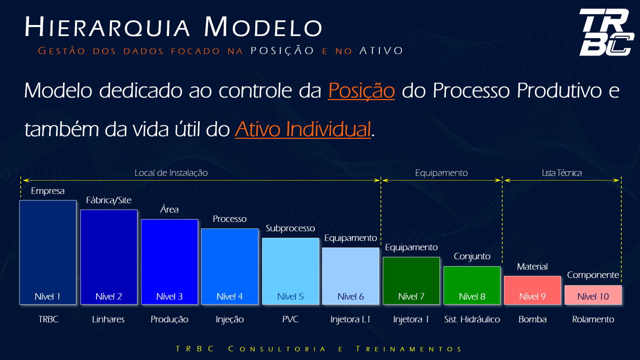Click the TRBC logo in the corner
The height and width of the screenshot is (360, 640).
606,32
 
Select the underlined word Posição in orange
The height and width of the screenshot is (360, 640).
361,90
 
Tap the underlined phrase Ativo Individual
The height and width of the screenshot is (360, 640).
303,129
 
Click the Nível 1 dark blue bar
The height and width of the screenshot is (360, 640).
48,252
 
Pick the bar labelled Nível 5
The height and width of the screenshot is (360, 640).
290,271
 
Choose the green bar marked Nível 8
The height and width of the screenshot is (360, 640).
472,285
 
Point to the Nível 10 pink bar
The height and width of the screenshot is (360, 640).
593,295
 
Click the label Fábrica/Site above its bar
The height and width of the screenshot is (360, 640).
108,200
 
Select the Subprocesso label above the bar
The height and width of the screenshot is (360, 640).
290,228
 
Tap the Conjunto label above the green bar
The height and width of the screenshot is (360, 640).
472,256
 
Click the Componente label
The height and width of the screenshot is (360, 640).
593,275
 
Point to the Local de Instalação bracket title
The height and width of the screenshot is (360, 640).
171,173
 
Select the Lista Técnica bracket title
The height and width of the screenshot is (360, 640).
561,173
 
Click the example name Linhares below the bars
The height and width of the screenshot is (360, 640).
108,319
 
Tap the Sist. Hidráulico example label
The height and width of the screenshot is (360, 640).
472,319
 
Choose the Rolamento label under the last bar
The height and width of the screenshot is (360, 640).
593,319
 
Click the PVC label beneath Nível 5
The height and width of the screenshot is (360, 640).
290,319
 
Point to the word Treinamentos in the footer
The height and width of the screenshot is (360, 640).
409,349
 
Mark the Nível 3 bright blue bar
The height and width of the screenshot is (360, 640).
169,262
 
